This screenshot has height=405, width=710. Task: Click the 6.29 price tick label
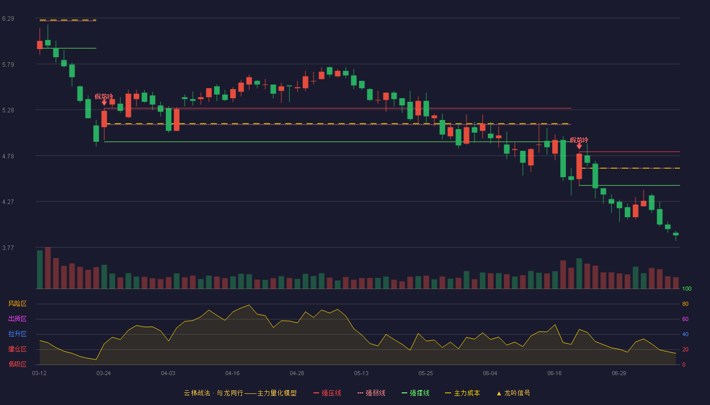[x=8, y=19]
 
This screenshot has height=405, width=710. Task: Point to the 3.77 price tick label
[x=8, y=248]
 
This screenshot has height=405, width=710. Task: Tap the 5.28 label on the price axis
[x=8, y=110]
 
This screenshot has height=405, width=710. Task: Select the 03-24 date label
[x=103, y=374]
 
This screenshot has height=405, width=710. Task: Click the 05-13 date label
[x=361, y=374]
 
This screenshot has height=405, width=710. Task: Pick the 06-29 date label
[x=619, y=374]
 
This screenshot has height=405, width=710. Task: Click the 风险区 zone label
[x=17, y=303]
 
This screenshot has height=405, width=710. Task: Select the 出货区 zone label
[x=17, y=318]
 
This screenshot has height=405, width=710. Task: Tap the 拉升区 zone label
[x=17, y=334]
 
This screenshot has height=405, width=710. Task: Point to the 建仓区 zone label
[x=17, y=349]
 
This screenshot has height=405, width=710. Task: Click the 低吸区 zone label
[x=17, y=364]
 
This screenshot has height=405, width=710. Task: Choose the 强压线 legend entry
[x=327, y=393]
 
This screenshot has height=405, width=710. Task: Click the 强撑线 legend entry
[x=415, y=393]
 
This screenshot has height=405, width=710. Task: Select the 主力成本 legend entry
[x=463, y=393]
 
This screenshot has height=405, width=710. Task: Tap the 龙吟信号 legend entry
[x=513, y=393]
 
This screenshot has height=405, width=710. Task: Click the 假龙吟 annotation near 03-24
[x=104, y=97]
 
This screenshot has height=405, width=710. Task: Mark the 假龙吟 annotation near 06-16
[x=579, y=140]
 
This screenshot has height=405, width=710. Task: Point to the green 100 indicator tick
[x=687, y=289]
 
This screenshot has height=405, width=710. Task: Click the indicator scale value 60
[x=685, y=319]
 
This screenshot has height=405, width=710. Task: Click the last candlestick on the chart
[x=676, y=234]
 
